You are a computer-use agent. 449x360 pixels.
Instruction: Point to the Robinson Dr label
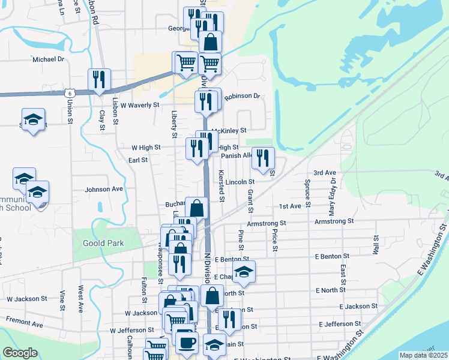click(x=242, y=96)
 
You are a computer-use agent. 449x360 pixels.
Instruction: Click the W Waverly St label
click(x=139, y=104)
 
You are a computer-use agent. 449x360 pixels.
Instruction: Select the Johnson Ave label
click(x=103, y=189)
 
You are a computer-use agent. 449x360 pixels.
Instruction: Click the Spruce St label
click(x=307, y=193)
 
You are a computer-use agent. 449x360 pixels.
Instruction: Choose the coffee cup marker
click(x=185, y=341)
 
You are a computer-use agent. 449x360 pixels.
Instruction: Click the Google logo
click(x=20, y=353)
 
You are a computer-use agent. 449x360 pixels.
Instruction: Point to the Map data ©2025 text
click(x=423, y=355)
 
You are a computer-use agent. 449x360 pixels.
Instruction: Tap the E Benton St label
click(x=332, y=258)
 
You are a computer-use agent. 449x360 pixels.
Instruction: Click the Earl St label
click(x=138, y=160)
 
